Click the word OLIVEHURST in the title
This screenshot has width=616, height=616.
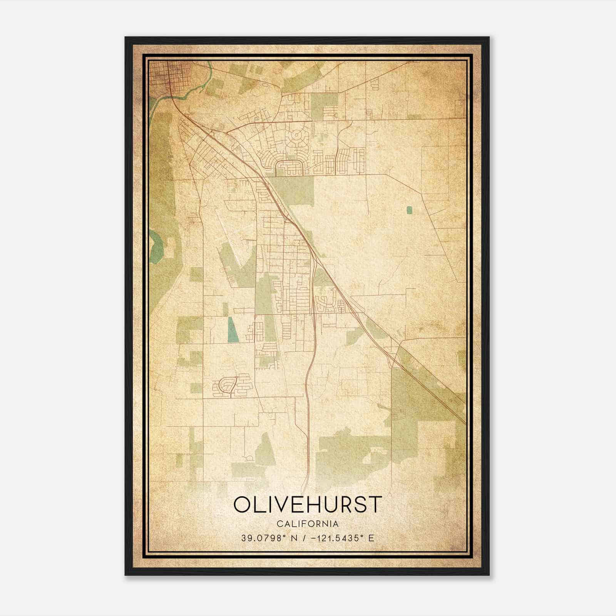pos(308,505)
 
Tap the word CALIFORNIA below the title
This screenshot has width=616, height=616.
pos(308,524)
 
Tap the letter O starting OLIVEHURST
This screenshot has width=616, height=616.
pos(243,505)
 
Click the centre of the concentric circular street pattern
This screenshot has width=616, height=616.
pos(297,136)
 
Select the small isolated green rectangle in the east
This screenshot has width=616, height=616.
pos(409,210)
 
